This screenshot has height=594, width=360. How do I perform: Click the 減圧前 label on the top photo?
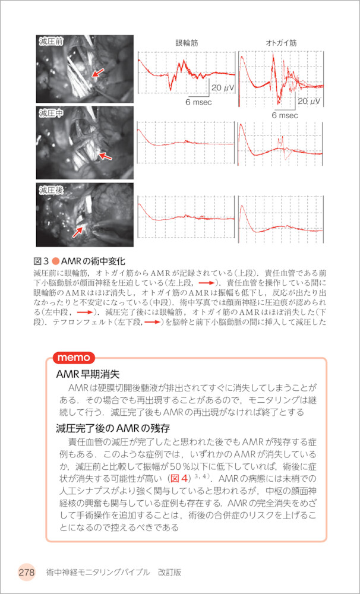[x=51, y=42]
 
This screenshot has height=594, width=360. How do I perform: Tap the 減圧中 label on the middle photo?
[x=51, y=113]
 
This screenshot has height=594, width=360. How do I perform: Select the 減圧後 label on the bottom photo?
[x=51, y=190]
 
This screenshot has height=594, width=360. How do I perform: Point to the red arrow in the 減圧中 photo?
[x=105, y=156]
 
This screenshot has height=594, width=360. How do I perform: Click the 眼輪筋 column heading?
[x=187, y=43]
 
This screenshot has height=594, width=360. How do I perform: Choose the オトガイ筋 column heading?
[x=281, y=43]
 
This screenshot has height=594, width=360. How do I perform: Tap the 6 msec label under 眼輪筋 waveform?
[x=198, y=102]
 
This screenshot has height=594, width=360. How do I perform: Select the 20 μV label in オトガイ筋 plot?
[x=309, y=102]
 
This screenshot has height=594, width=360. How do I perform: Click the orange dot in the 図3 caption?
[x=56, y=262]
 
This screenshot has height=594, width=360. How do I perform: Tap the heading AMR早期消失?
[x=88, y=375]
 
